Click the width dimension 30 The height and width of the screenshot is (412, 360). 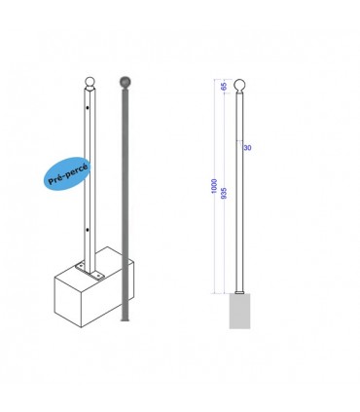248,147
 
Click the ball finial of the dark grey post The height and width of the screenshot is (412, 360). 123,81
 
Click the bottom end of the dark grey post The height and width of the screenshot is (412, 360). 123,318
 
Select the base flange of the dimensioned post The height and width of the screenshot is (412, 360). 240,292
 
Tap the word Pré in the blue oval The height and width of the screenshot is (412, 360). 55,178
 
